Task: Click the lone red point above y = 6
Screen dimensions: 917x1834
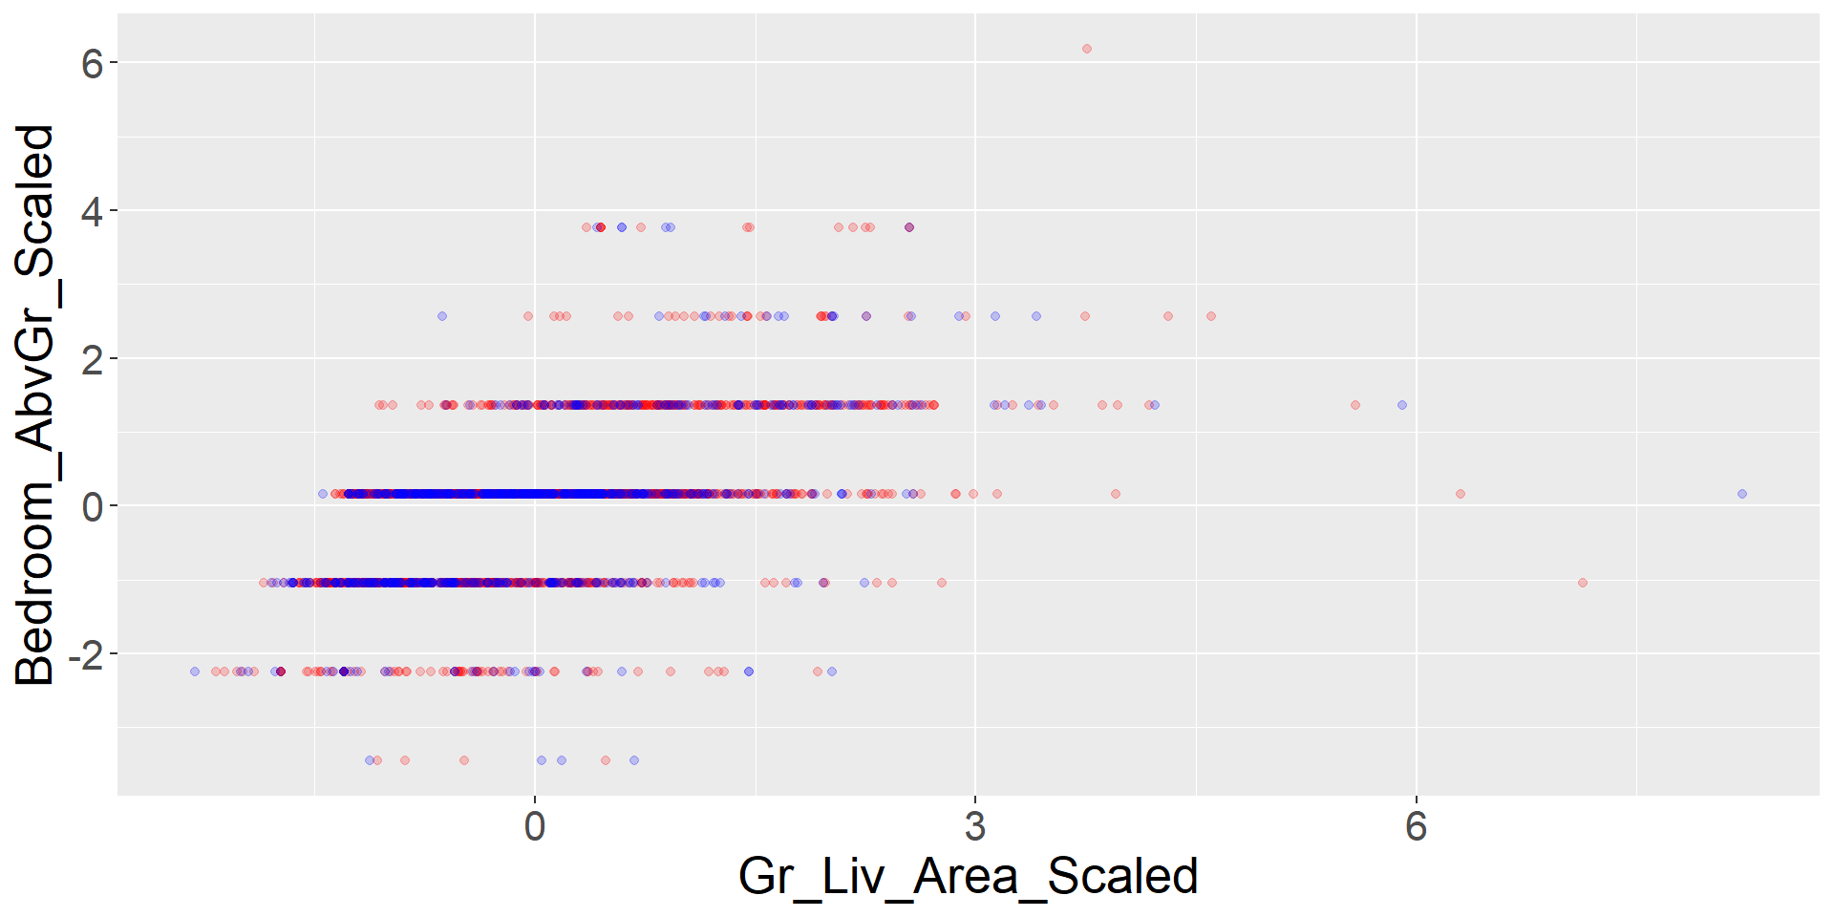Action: [1086, 49]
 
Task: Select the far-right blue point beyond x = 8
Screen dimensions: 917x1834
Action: [1742, 494]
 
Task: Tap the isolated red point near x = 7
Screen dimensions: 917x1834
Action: [1583, 583]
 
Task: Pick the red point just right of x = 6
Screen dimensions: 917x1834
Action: [1461, 494]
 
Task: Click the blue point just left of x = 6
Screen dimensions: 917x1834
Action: [1402, 405]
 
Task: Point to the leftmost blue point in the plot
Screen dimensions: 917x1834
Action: [195, 672]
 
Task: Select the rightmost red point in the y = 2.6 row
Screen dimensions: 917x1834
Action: [1211, 316]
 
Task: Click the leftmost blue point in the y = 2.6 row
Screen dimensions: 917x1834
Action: [442, 316]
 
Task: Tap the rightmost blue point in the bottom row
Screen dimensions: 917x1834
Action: [634, 760]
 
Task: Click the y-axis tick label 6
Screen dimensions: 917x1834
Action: [92, 64]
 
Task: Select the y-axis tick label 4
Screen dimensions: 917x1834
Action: [92, 211]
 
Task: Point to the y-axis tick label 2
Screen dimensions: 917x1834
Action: [92, 359]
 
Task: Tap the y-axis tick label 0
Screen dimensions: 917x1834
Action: [92, 507]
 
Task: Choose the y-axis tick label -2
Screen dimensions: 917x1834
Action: [85, 655]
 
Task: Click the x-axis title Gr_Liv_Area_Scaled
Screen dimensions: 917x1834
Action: [968, 877]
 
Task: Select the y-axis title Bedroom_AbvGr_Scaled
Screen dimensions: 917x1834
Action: [36, 404]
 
